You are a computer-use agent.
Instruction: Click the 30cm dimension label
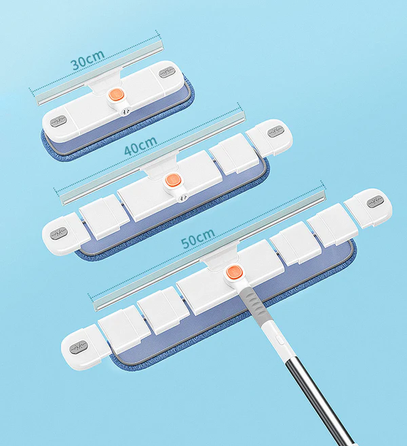(88, 60)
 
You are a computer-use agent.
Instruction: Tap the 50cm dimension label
(198, 238)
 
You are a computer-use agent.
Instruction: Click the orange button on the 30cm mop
(115, 95)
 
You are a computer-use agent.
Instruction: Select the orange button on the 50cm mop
(234, 272)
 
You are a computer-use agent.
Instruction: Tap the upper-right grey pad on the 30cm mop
(166, 72)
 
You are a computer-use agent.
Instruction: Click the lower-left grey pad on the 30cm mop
(58, 121)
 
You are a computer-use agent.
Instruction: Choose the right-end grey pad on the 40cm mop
(275, 131)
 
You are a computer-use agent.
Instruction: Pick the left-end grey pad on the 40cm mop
(58, 233)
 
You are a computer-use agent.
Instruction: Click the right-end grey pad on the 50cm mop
(375, 202)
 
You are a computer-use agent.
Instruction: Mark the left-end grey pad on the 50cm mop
(78, 347)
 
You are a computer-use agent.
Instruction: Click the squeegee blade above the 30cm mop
(99, 73)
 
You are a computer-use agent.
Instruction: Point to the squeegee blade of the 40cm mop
(153, 158)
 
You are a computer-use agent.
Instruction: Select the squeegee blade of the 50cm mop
(209, 250)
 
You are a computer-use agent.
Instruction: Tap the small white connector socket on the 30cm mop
(124, 112)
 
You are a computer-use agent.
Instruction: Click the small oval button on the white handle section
(279, 340)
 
